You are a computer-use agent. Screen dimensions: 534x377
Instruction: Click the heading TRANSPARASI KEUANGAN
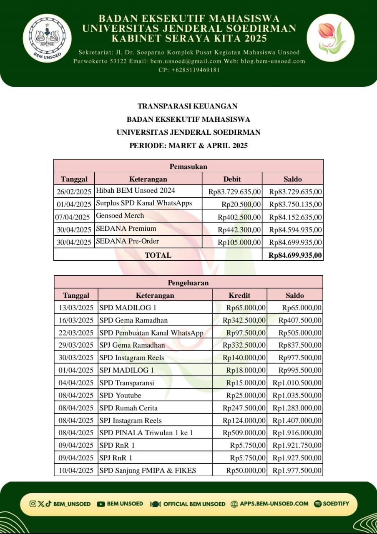pos(188,106)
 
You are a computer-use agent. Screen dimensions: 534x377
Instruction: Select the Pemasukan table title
pos(188,166)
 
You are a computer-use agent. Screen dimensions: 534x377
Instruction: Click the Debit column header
pos(232,179)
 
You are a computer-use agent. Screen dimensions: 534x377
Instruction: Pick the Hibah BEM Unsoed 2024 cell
pos(136,191)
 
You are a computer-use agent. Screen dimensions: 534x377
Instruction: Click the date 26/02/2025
pos(74,192)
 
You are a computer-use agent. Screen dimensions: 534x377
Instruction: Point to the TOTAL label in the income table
pos(158,255)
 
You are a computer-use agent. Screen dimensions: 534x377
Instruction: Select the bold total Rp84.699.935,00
pos(295,255)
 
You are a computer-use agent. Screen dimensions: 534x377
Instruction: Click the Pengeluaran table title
pos(188,282)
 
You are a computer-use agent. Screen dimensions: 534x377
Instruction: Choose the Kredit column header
pos(239,295)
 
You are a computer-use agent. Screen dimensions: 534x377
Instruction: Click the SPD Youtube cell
pos(120,395)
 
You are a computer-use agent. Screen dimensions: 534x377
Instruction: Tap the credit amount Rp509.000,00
pos(244,433)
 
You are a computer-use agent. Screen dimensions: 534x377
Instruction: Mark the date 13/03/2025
pos(75,308)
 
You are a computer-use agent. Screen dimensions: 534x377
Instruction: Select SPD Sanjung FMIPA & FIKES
pos(148,470)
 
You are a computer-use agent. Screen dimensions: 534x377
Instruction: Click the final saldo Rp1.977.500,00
pos(297,470)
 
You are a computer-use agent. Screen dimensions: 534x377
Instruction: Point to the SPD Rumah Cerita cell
pos(128,408)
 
